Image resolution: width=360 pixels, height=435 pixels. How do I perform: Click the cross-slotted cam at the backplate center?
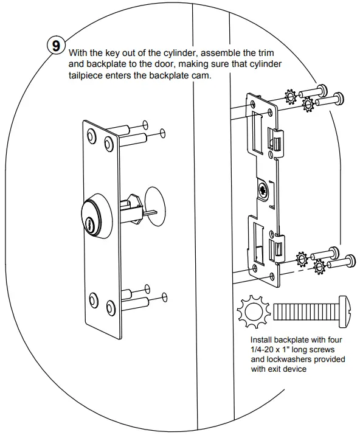coord(262,191)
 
